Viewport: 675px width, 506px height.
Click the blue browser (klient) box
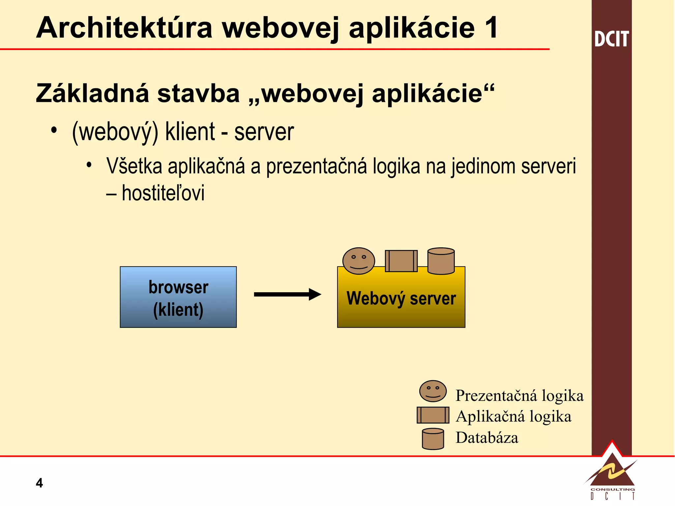(178, 297)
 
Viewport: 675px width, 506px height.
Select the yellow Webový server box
(401, 306)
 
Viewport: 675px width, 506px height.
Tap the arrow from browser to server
(287, 294)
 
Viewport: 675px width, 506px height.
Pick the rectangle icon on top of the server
(401, 261)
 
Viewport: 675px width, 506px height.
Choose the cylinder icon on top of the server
(441, 261)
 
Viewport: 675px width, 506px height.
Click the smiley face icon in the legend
(433, 391)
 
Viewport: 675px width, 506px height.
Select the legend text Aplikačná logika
(513, 416)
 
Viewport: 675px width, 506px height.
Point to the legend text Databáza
(486, 438)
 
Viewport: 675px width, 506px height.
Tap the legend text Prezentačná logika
(519, 396)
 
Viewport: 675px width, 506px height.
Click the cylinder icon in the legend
(433, 439)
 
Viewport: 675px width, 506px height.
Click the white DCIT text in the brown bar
(611, 39)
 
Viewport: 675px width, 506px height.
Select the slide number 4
(39, 483)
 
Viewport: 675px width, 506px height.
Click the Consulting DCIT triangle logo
(612, 474)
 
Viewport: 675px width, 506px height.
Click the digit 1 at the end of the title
(491, 28)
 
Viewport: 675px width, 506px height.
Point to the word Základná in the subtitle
(93, 94)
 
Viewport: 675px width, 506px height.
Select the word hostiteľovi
(163, 193)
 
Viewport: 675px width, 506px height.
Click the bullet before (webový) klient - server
(54, 130)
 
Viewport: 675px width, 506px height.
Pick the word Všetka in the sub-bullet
(134, 166)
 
